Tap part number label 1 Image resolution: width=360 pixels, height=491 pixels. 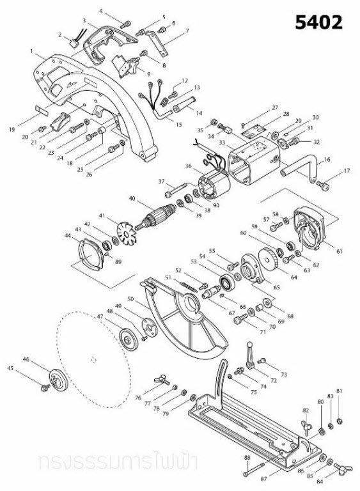tap(31, 51)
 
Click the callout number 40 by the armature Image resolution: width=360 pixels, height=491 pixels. tap(132, 199)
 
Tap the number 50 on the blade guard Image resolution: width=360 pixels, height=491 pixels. tap(130, 299)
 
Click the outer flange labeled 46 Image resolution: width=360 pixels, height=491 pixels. tap(58, 380)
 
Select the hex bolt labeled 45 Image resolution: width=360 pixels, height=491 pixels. tap(45, 387)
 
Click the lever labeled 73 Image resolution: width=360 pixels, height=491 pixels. tap(250, 352)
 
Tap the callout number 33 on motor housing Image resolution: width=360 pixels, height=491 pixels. tap(223, 143)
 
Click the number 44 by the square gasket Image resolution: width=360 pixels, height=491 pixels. tap(68, 236)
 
